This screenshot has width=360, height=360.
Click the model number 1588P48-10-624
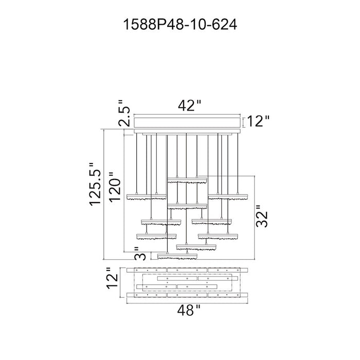pos(180,25)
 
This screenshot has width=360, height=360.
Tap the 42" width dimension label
pos(189,106)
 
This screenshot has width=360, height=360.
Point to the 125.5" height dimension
pos(95,184)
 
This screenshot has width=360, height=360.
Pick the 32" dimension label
pos(262,217)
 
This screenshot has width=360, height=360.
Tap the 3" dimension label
pos(140,254)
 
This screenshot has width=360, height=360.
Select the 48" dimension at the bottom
pos(189,311)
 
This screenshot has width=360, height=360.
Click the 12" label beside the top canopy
pos(258,121)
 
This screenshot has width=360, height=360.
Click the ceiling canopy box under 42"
pos(187,122)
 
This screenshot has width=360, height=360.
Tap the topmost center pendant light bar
pos(187,180)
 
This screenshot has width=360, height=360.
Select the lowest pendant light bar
pos(177,257)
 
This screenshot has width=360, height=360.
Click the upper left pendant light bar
pos(147,197)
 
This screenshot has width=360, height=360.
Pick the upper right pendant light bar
pos(228,197)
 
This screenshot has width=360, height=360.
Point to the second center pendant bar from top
pos(187,206)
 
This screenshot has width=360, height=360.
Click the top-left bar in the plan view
pos(147,270)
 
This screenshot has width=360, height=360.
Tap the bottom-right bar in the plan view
pos(228,295)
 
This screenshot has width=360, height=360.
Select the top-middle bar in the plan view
pos(187,270)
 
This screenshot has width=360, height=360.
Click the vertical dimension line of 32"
pos(255,218)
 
